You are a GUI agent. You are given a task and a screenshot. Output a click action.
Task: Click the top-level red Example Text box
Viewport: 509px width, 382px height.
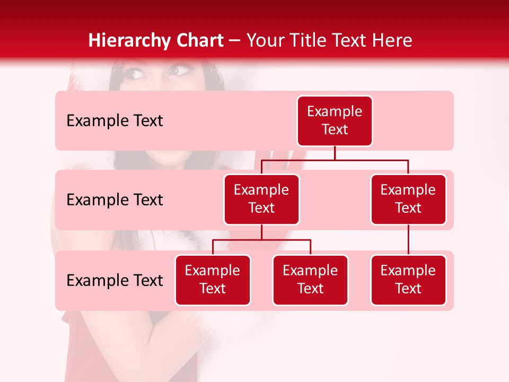tap(335, 120)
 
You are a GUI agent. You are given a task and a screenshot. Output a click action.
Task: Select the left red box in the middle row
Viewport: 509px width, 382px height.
tap(261, 199)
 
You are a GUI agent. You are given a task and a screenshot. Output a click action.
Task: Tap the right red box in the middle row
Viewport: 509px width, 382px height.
tap(408, 199)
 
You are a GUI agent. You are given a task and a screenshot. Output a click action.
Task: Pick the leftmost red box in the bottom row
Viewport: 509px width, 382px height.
tap(213, 280)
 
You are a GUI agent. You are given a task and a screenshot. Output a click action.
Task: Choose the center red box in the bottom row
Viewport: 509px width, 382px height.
tap(310, 280)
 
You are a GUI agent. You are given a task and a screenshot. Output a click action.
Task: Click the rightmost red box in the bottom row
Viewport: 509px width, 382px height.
tap(408, 280)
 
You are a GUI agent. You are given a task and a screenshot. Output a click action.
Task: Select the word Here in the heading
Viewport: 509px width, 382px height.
tap(393, 41)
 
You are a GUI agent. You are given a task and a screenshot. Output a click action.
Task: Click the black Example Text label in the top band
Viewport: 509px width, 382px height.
tap(115, 121)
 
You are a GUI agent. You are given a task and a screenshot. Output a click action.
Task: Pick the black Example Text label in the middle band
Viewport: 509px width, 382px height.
tap(115, 200)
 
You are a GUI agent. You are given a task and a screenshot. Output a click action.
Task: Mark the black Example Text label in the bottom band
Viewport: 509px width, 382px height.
tap(115, 281)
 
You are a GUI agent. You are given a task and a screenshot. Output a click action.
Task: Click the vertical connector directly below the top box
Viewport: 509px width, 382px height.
tap(335, 153)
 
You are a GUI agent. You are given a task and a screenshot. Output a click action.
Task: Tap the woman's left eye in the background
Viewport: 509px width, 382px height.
tap(179, 70)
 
